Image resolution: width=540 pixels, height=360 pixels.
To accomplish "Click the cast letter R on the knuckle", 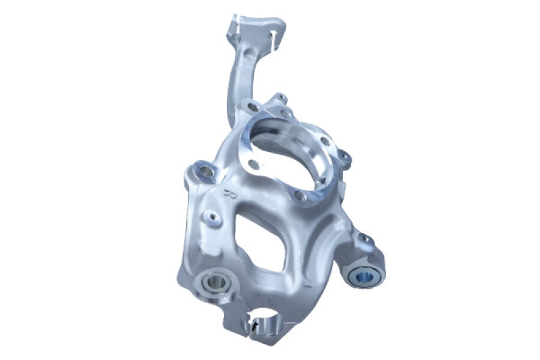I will (227, 195).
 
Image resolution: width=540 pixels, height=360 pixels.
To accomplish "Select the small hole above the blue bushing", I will (365, 240).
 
